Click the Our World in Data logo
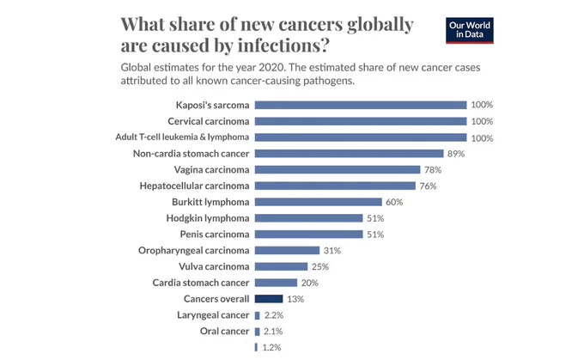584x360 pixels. (x=469, y=30)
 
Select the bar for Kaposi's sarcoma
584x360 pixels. (x=361, y=105)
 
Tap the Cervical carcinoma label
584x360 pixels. (x=208, y=121)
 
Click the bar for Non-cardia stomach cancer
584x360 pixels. (x=349, y=154)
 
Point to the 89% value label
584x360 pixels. (x=456, y=154)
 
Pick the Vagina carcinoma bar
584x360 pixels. (x=338, y=169)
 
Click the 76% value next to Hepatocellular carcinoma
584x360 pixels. (x=428, y=186)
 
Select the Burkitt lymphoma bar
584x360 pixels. (x=319, y=202)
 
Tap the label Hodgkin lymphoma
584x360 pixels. (x=208, y=218)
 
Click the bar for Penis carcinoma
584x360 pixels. (x=309, y=234)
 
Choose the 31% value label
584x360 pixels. (x=332, y=250)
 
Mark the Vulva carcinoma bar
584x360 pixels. (x=281, y=266)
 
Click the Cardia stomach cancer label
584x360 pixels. (x=201, y=283)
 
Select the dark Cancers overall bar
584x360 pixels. (x=269, y=298)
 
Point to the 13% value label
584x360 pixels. (x=295, y=299)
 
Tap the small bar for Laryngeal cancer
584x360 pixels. (x=257, y=315)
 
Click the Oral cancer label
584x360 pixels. (x=224, y=331)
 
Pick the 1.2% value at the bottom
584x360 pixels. (x=271, y=347)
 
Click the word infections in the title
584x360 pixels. (x=283, y=46)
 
